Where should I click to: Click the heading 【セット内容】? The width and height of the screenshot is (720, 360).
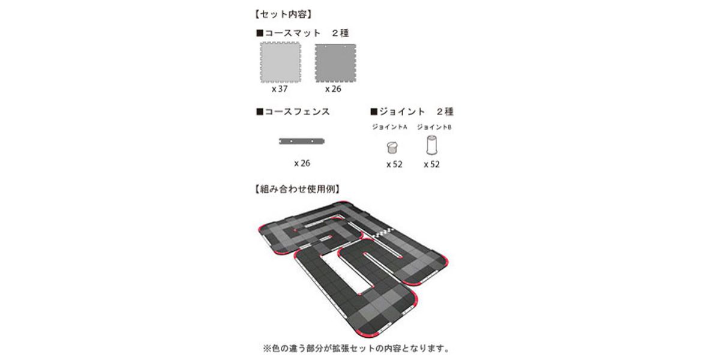(x=283, y=14)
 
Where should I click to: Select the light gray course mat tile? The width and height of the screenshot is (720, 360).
(x=281, y=62)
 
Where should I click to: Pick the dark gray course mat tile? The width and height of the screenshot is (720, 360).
(x=335, y=63)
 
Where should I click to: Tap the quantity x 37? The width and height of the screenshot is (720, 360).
(x=280, y=89)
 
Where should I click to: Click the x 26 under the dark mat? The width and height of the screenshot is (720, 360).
(x=333, y=89)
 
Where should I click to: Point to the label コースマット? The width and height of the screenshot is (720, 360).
(x=292, y=33)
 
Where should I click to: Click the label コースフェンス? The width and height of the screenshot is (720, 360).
(x=297, y=112)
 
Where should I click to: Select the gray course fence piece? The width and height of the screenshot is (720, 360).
(x=302, y=141)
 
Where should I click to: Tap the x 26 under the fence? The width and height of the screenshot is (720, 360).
(x=302, y=163)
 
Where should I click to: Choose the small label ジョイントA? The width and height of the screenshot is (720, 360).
(x=389, y=127)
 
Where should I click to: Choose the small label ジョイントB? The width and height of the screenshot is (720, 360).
(x=434, y=127)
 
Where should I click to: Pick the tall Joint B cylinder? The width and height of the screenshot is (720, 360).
(x=431, y=145)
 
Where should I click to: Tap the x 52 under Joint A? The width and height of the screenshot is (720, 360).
(x=394, y=164)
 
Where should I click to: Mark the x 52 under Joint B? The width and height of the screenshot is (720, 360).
(x=431, y=164)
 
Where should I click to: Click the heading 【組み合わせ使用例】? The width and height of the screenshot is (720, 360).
(x=297, y=189)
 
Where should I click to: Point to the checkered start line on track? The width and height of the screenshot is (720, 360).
(x=383, y=233)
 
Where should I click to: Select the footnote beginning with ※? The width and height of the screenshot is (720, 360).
(x=357, y=349)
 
